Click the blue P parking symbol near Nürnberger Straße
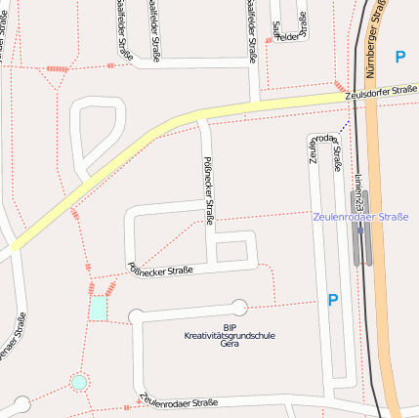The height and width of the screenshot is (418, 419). click(399, 58)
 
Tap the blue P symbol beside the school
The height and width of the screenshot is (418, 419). click(333, 301)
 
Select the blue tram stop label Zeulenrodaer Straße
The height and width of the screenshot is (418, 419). click(360, 216)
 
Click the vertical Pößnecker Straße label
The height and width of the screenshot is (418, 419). click(208, 190)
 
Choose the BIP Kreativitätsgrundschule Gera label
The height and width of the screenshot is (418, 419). click(230, 335)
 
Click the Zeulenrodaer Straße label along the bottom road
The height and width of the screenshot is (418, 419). click(178, 400)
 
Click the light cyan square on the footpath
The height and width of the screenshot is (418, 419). click(99, 309)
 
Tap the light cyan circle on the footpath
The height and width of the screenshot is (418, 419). click(79, 382)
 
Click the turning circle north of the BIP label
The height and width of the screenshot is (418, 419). click(239, 307)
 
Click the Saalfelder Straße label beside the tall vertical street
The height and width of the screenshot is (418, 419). click(252, 29)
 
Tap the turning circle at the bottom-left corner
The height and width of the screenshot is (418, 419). click(21, 403)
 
